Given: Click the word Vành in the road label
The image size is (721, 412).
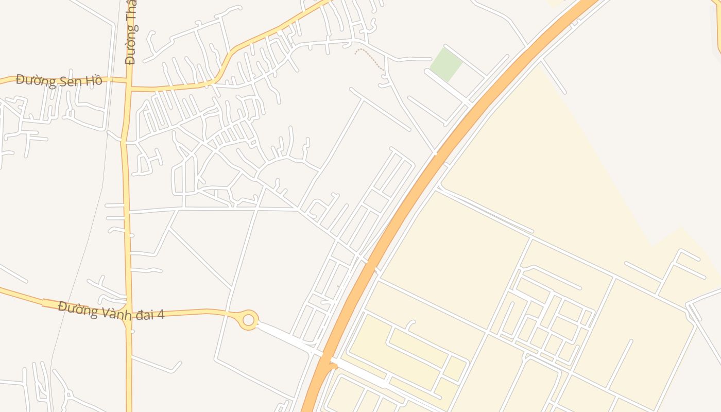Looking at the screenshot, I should (113, 312).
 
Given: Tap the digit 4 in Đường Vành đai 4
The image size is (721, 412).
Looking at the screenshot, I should (161, 314).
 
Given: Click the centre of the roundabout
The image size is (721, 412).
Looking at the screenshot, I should (249, 320).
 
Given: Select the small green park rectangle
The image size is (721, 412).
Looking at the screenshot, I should (446, 65).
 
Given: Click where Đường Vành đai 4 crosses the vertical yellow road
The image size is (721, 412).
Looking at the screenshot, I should (128, 315).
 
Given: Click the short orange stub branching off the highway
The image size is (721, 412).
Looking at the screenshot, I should (333, 366).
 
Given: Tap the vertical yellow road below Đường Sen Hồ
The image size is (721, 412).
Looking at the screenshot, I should (126, 206).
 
